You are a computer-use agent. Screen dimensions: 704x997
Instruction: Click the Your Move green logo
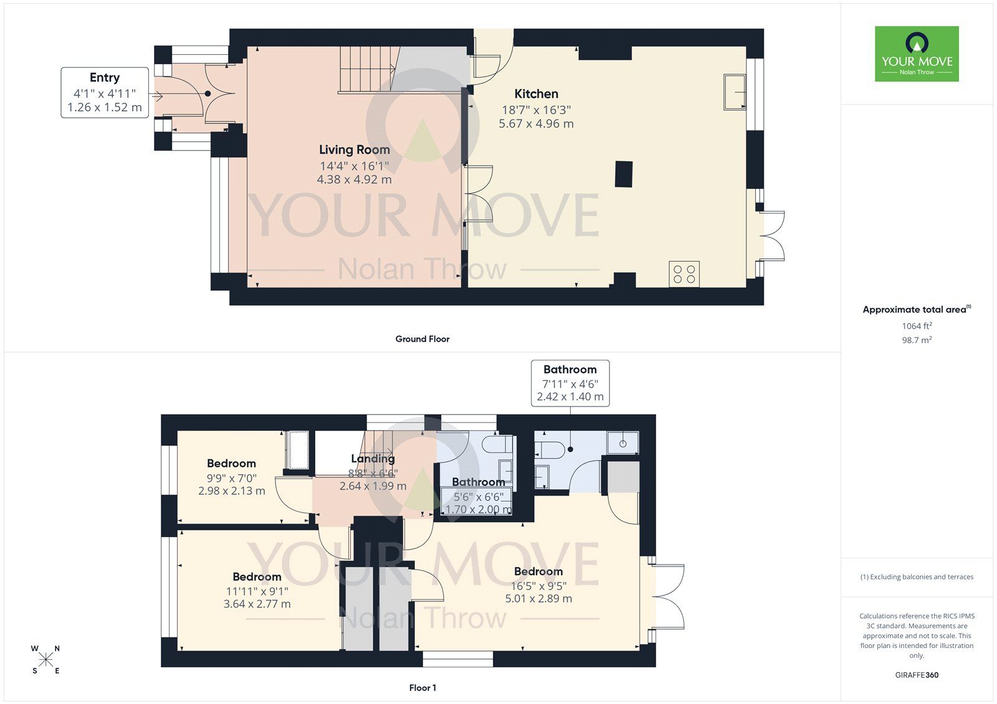coord(916,54)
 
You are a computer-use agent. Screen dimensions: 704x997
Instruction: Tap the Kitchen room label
coord(536,94)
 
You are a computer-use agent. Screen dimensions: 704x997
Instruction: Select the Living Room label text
coord(354,149)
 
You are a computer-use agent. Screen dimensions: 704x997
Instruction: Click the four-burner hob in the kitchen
coord(684,274)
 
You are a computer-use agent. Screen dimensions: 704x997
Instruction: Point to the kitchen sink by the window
coord(735,92)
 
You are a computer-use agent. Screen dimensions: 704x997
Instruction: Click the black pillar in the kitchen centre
coord(623,174)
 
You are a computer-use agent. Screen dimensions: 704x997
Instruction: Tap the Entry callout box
coord(105,92)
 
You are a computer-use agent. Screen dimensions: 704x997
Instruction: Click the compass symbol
coord(46,659)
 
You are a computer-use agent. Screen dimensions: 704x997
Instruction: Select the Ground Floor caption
coord(422,339)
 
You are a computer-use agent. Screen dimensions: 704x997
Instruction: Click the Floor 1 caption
coord(422,688)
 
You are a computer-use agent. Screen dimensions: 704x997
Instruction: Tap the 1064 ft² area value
coord(916,326)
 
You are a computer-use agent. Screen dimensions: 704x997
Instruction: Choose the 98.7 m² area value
coord(916,340)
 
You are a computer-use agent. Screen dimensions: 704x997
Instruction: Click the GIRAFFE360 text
coord(916,675)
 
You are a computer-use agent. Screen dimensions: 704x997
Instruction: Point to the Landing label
coord(373,459)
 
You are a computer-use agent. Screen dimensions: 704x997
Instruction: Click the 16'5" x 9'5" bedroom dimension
coord(538,586)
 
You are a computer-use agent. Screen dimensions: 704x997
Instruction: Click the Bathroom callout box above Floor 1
coord(570,383)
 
